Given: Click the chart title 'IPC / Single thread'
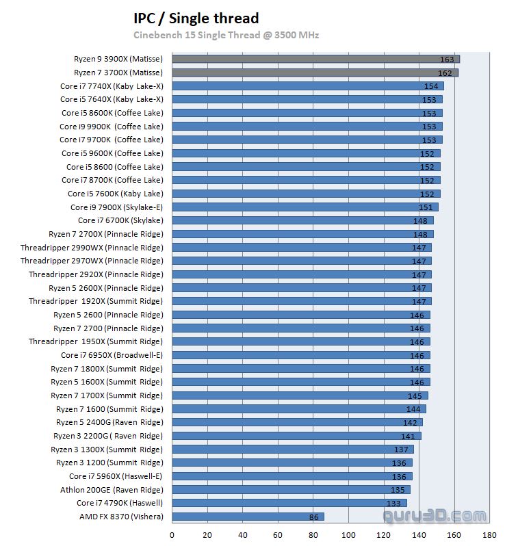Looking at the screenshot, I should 196,18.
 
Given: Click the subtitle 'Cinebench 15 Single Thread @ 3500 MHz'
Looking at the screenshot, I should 226,35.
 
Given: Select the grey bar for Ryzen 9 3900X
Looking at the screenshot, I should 315,59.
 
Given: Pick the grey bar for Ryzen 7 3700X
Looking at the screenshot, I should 315,73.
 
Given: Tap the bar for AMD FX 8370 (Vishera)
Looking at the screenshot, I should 247,517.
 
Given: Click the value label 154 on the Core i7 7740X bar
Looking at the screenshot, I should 431,86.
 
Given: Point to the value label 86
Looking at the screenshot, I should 313,517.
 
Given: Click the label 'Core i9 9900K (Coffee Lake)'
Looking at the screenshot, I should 112,127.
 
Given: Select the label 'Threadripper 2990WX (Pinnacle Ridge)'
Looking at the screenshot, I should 92,248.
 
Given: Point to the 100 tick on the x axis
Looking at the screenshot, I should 349,535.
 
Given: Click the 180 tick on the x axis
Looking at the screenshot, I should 489,535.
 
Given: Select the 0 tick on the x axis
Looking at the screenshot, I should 172,535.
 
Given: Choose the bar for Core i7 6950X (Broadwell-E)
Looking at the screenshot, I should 300,355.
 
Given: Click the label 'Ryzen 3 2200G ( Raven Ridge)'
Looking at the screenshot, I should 108,436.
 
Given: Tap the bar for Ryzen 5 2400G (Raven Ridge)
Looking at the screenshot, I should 297,422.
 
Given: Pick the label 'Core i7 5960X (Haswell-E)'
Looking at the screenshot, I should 116,476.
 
